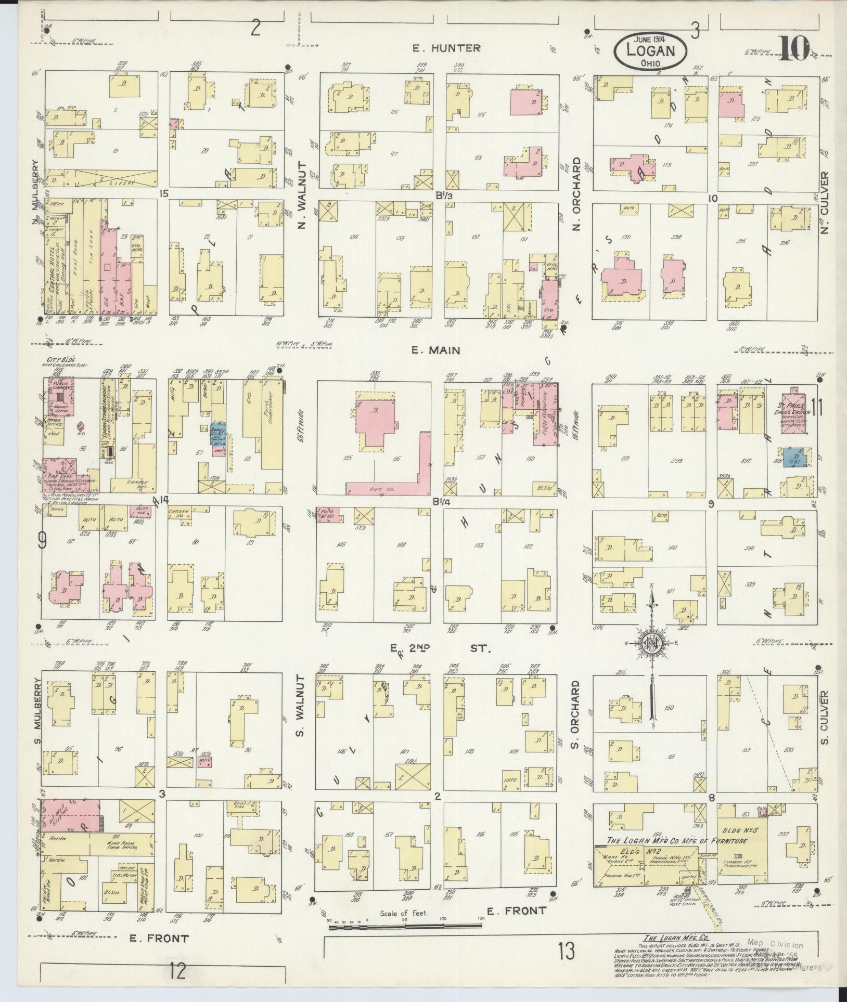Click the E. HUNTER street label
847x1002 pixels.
pos(446,48)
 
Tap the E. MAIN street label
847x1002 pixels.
pos(435,350)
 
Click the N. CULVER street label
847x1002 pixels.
pos(825,203)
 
